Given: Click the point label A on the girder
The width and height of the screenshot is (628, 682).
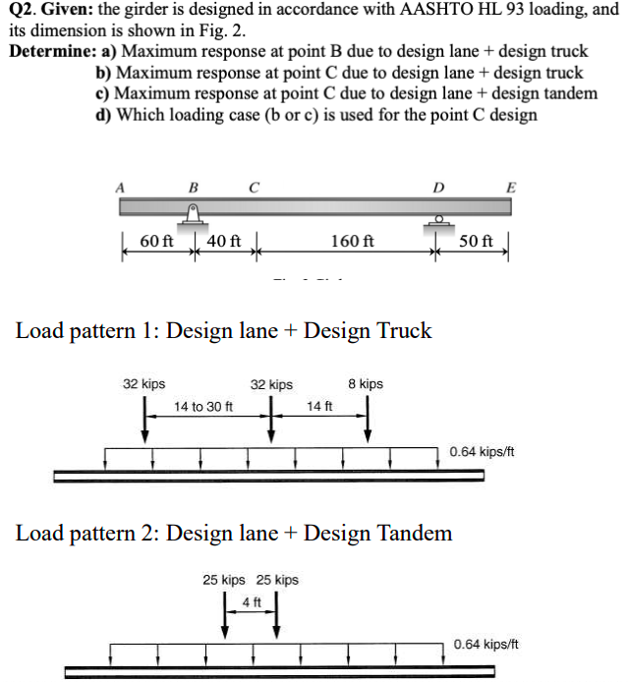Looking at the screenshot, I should [122, 184].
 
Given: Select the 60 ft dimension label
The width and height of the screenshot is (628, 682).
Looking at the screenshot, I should [156, 241].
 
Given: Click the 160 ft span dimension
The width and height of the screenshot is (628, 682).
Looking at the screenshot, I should [353, 241].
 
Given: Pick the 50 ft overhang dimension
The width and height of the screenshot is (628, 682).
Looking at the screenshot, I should [476, 241].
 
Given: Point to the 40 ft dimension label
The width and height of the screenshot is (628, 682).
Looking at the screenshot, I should [222, 241].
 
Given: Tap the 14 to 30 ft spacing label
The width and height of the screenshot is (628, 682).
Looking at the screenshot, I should [203, 406].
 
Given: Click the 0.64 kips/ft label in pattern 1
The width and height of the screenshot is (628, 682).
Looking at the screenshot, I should [482, 452].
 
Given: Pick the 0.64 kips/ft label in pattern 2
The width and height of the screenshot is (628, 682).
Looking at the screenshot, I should [485, 645].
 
